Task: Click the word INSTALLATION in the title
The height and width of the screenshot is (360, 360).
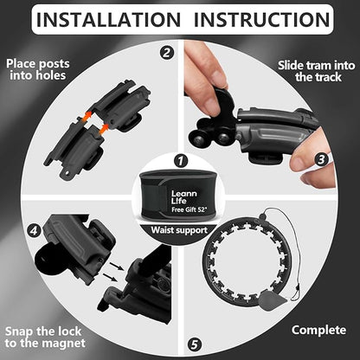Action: (x=108, y=20)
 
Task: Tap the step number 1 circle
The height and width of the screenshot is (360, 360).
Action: (x=181, y=161)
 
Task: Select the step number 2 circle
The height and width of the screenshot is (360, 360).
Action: (x=167, y=53)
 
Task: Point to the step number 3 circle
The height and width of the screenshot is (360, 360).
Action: (x=321, y=159)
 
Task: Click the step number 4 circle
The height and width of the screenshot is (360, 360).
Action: (x=34, y=230)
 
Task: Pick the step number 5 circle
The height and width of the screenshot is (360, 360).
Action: (x=195, y=344)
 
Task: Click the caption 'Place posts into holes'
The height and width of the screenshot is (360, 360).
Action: (x=38, y=69)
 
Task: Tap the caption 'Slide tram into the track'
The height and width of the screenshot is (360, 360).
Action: (x=317, y=71)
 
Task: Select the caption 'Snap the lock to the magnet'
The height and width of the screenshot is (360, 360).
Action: (x=45, y=337)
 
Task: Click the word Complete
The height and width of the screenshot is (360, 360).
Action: (x=318, y=330)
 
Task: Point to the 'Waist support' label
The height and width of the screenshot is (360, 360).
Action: (x=179, y=230)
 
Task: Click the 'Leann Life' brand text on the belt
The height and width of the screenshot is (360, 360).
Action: (x=184, y=197)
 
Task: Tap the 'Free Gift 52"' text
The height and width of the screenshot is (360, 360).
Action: (x=190, y=209)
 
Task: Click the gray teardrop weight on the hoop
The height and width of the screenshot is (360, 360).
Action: (x=272, y=300)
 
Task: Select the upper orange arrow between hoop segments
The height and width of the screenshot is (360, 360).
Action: (x=87, y=117)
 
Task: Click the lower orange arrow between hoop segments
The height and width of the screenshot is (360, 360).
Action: (x=103, y=129)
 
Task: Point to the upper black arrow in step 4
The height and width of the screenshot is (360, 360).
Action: (x=117, y=267)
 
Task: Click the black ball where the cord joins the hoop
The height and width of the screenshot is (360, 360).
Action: (x=262, y=216)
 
